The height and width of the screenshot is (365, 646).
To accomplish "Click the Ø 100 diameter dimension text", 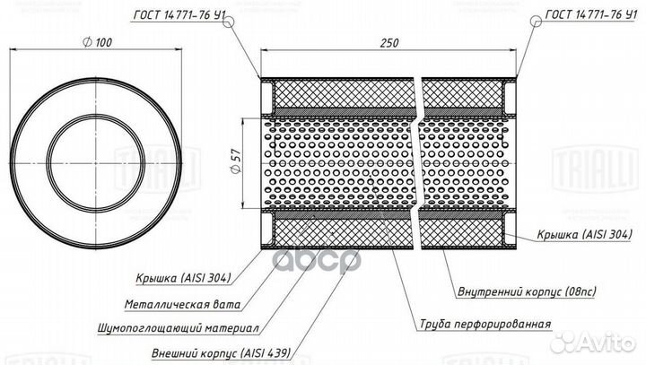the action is coord(97,42).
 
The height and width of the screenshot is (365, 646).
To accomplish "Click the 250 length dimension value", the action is coord(388,43).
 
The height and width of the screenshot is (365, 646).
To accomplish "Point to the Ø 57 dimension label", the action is coord(235,161).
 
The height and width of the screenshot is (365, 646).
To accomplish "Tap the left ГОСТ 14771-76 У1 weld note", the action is coord(179,15).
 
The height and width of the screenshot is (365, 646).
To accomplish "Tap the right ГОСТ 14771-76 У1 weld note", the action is coord(590,15).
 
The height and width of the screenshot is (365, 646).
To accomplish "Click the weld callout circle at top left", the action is coord(228,22).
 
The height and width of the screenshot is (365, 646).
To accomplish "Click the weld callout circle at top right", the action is coord(536,21).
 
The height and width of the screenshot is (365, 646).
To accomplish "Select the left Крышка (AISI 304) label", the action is coord(184,278).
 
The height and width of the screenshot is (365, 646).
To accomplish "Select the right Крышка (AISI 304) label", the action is coord(584,234).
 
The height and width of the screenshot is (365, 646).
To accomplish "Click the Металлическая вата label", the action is coord(182,304).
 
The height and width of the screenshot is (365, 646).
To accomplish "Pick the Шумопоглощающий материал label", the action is coord(179,328).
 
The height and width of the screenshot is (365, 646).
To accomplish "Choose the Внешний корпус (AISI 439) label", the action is coord(222,353).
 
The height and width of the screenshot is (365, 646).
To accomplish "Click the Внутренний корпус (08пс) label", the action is coord(527,291).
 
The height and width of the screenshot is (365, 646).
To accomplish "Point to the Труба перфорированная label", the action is coord(485,324).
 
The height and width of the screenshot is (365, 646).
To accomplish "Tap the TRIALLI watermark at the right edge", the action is coord(595,168).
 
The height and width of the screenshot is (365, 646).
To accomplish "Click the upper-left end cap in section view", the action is coord(267,97).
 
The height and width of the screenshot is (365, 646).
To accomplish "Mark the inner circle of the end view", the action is coord(96,163).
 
